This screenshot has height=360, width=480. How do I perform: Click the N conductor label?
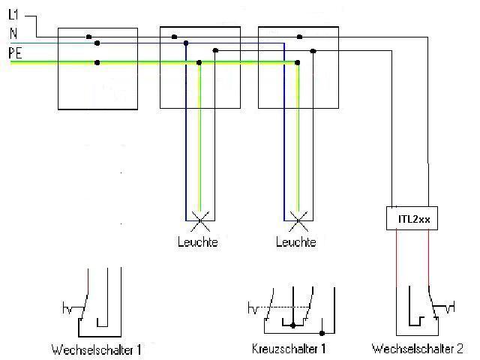pos(13,33)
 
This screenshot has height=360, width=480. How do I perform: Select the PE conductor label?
pos(14,52)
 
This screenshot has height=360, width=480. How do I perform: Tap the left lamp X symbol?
pos(199,220)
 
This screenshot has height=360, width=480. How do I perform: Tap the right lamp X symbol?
pos(298,220)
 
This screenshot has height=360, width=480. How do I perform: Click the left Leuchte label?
pos(198,242)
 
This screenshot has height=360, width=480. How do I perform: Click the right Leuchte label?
pos(296,242)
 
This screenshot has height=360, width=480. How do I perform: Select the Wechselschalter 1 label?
pos(96,349)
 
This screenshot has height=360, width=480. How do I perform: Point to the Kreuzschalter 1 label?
pos(289,349)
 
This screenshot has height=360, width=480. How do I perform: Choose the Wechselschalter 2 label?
pos(418,349)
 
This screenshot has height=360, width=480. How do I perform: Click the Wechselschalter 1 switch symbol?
pos(94,304)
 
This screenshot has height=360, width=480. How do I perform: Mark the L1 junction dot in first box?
pos(88,36)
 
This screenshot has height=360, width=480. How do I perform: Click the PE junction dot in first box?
pos(97,63)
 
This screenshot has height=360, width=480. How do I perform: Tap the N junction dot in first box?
pos(97,43)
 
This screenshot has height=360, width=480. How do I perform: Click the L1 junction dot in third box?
pos(299,36)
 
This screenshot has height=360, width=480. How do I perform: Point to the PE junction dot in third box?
pos(297,63)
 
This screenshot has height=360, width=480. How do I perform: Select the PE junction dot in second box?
pos(199,63)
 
